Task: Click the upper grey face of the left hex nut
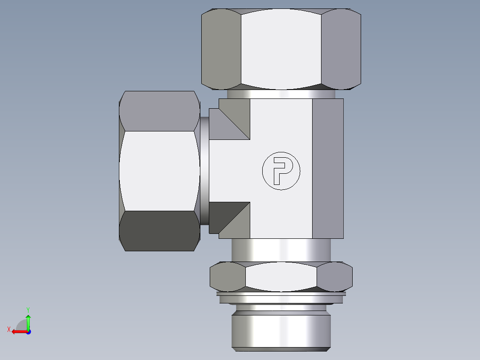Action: coord(159,111)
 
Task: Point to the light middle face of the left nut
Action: coord(159,171)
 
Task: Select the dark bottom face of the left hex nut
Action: coord(159,230)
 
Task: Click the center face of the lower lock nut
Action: coord(281,276)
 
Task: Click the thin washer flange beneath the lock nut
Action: coord(281,294)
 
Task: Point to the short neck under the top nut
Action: coord(281,94)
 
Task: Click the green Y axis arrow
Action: coord(28,320)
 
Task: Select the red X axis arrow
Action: coord(17,331)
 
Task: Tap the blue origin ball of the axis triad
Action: coord(28,331)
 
